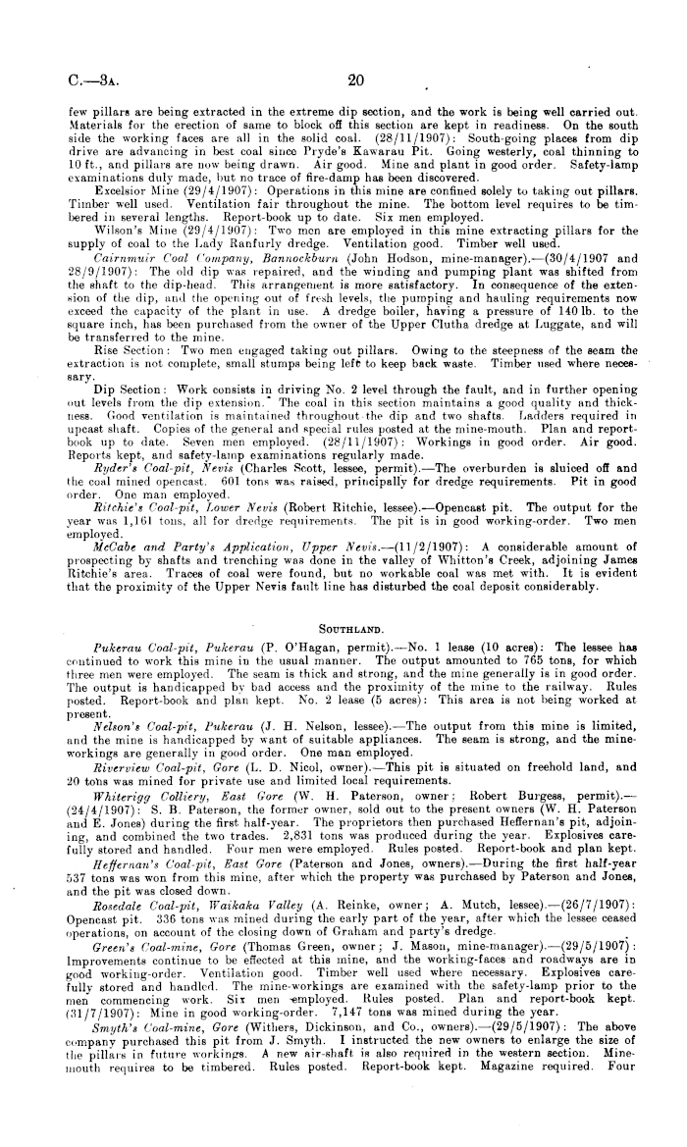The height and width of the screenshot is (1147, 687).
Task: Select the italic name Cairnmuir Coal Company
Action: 156,253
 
